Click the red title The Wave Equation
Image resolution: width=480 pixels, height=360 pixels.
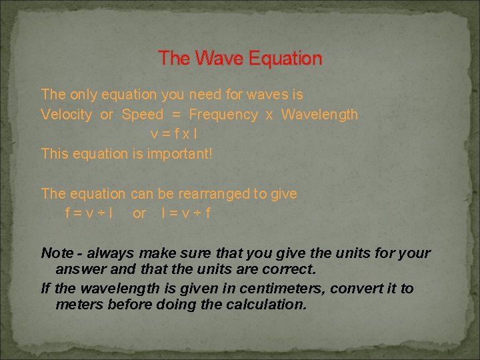tap(240, 59)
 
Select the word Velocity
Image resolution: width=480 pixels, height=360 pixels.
tap(66, 115)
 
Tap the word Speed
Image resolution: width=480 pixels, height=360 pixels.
tap(142, 115)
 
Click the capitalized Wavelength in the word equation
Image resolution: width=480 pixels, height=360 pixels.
tap(319, 115)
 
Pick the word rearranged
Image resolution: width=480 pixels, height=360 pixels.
tap(213, 194)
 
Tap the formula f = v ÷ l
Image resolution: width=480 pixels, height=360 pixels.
tap(88, 214)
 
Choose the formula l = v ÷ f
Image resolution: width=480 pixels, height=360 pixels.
tap(186, 214)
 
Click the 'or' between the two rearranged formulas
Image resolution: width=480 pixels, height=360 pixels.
tap(139, 214)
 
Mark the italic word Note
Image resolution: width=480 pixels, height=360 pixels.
tap(57, 253)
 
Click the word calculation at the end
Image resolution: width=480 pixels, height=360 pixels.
tap(267, 305)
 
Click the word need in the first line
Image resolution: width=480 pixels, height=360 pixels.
tap(205, 95)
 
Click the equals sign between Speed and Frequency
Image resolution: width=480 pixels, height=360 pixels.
tap(176, 115)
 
